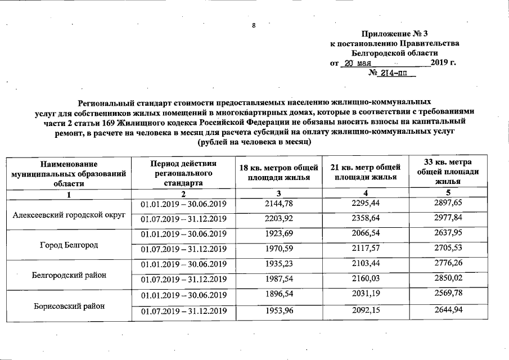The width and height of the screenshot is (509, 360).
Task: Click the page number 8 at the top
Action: (x=254, y=26)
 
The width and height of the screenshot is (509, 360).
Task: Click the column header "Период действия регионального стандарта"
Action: (x=183, y=173)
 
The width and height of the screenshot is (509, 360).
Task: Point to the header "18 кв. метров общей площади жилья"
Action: (x=278, y=173)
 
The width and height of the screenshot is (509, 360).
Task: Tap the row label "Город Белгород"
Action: (x=69, y=245)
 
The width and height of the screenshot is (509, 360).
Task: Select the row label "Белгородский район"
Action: (x=69, y=275)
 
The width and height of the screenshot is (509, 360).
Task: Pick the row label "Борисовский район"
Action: (x=69, y=306)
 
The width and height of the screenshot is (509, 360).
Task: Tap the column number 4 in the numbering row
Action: (x=367, y=193)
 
